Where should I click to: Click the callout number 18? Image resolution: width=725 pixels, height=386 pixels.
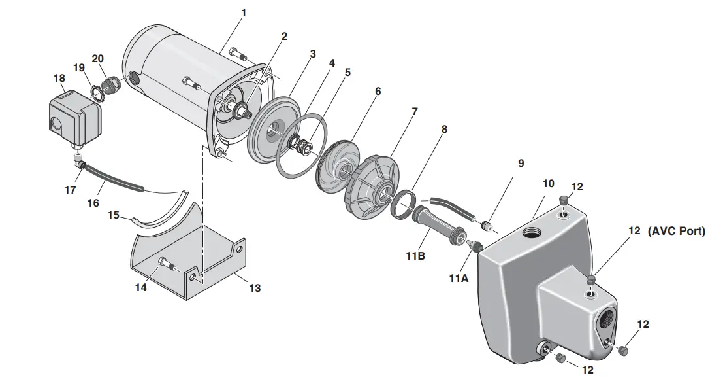pyautogui.click(x=59, y=79)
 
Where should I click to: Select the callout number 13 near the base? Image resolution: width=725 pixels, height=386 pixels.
pyautogui.click(x=255, y=288)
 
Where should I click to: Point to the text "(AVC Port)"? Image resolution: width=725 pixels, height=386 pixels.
pyautogui.click(x=676, y=232)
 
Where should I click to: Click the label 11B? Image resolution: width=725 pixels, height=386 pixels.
pyautogui.click(x=416, y=256)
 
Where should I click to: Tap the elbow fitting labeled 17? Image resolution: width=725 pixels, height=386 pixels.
pyautogui.click(x=79, y=164)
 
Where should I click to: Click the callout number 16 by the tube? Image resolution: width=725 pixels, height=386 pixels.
pyautogui.click(x=93, y=203)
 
